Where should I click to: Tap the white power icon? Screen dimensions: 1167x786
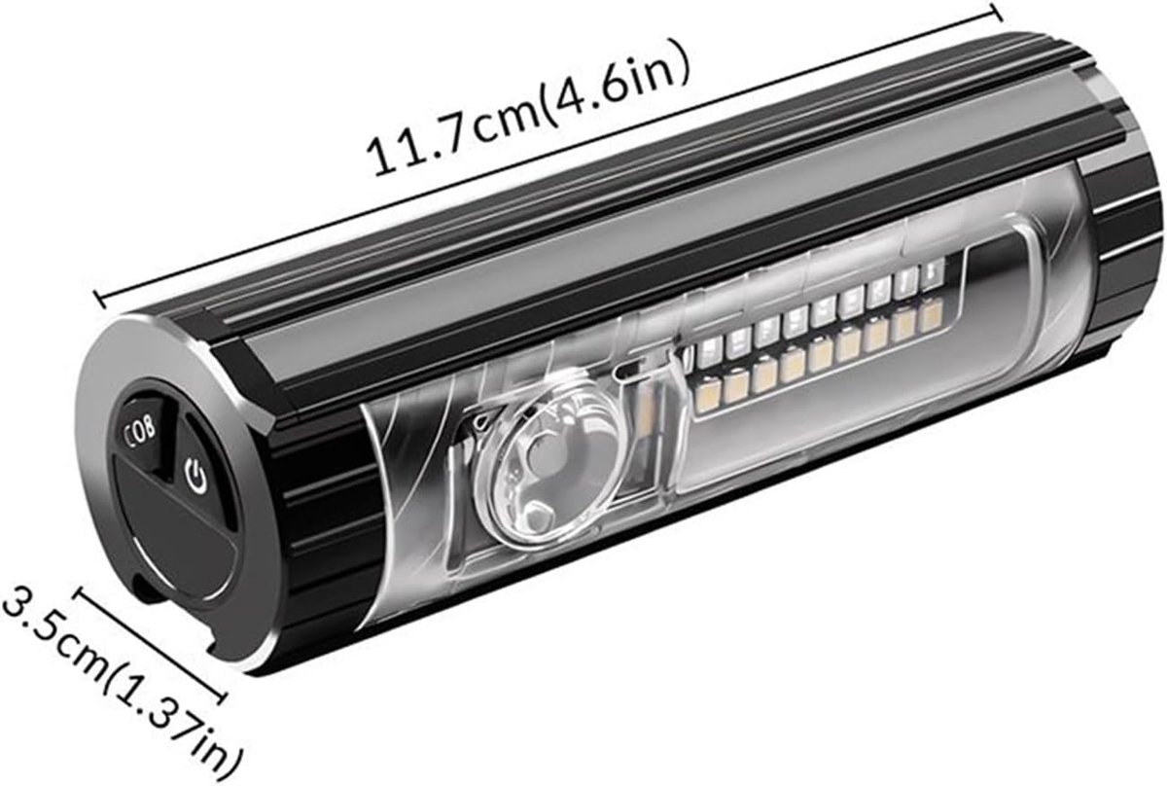click(195, 476)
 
